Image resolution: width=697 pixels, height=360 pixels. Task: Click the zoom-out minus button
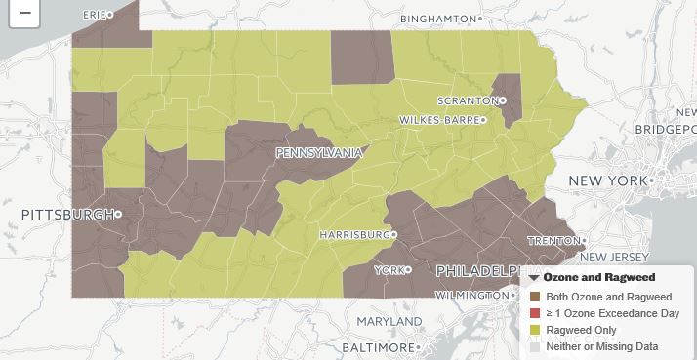(24, 14)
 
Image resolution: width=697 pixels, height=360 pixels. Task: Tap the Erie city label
(95, 15)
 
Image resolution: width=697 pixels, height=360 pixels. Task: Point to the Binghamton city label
(440, 19)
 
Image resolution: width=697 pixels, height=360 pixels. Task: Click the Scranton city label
(460, 101)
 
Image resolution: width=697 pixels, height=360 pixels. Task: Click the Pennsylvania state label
(318, 153)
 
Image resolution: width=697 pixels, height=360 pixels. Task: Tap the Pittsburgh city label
(66, 214)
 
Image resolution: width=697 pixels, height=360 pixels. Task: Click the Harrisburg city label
(355, 235)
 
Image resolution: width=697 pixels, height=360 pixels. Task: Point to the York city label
(389, 269)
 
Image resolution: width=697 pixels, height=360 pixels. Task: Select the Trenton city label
(553, 240)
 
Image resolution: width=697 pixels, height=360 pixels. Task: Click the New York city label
(607, 181)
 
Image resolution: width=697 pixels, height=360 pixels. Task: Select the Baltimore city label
(381, 347)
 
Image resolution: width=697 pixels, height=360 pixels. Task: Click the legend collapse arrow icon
(534, 278)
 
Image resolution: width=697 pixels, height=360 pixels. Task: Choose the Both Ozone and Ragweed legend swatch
(534, 297)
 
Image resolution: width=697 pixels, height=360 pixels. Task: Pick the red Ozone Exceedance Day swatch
(534, 313)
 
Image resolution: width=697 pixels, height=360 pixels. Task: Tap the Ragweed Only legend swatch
(534, 330)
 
